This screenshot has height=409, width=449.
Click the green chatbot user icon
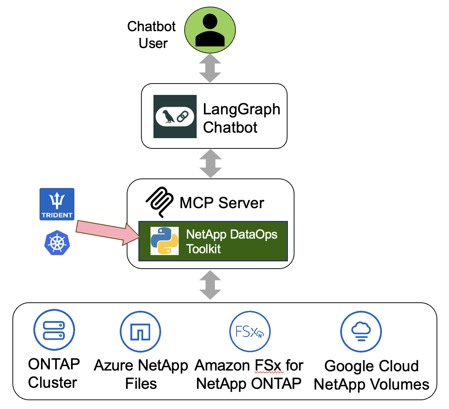click(210, 30)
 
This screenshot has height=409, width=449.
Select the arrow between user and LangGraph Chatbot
click(210, 68)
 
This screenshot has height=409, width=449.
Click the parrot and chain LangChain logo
click(175, 117)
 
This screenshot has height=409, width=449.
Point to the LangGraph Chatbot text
click(241, 118)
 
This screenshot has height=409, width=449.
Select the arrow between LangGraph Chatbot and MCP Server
click(210, 163)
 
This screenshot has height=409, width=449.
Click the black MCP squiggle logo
click(160, 202)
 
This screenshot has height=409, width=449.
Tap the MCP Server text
click(222, 203)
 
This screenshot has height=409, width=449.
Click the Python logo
click(164, 241)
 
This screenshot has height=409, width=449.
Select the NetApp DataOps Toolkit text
click(231, 241)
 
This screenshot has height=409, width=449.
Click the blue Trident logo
click(57, 204)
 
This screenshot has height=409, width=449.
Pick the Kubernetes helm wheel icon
click(57, 243)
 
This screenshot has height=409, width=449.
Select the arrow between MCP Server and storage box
click(210, 285)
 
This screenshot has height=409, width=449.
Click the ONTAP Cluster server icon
click(54, 330)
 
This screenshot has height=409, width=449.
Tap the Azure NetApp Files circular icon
click(140, 332)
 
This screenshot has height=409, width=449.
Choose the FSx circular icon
click(250, 332)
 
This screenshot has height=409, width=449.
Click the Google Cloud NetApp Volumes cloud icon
click(361, 332)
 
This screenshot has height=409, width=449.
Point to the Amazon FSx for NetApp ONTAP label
click(249, 374)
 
